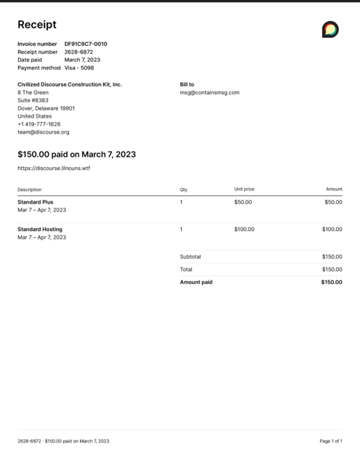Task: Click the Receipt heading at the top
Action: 37,25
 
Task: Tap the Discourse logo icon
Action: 330,29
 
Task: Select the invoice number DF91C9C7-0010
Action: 86,44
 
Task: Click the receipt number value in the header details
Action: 79,52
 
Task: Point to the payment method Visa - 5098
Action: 79,68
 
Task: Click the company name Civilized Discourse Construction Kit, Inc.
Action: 70,84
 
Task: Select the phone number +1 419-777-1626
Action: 39,124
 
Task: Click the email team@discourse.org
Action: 44,132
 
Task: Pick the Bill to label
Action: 187,84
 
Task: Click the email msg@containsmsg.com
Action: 209,92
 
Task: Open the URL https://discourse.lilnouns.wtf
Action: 54,168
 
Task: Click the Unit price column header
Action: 244,189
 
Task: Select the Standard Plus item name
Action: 36,202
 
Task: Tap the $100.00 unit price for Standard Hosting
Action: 244,229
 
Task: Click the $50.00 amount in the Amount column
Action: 333,202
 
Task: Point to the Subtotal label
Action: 191,256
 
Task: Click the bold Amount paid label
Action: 196,282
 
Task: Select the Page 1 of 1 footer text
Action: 331,441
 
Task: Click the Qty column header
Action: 183,189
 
